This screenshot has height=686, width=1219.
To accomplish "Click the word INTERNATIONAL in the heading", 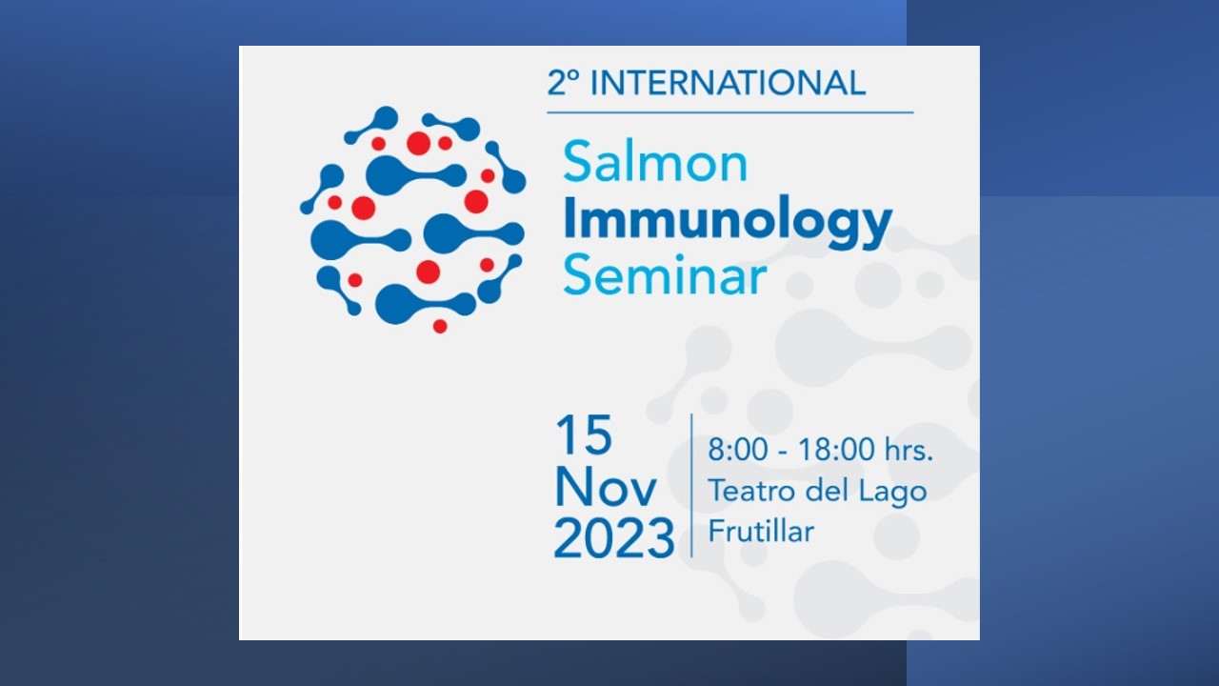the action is coord(728,83).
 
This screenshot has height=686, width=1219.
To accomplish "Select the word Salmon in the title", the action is coord(656,162).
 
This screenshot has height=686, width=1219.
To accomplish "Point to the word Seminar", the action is coord(665,275).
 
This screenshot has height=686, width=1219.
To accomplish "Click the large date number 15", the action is coord(584,434).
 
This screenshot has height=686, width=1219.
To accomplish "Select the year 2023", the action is coord(614,538).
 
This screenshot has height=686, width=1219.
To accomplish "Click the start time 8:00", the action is coord(738,450).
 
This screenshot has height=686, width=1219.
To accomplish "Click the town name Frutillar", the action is coord(761,531).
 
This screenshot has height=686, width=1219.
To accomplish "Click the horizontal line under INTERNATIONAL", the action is coord(730,112).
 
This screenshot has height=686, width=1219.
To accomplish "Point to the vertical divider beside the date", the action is coord(691,485).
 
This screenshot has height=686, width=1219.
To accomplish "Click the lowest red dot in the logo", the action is coord(440,326).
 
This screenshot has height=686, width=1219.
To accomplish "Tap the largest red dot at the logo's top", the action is coord(418,143).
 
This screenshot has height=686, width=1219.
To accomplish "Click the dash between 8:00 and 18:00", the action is coord(783,452).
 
